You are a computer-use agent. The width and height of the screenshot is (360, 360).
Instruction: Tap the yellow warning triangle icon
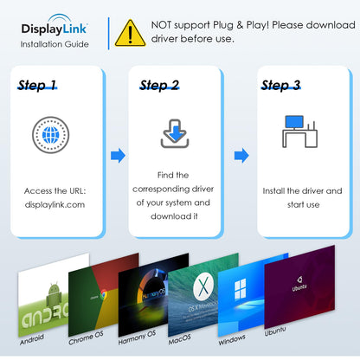[x=130, y=32]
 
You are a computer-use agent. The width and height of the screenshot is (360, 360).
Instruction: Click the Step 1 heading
[x=38, y=85]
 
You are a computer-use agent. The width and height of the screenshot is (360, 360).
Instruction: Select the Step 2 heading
[x=159, y=85]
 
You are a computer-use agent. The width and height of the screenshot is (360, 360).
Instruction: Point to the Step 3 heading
[x=280, y=85]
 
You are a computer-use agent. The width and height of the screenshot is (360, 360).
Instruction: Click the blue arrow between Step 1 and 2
[x=117, y=156]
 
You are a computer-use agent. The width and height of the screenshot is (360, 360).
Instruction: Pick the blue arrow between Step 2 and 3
[x=241, y=156]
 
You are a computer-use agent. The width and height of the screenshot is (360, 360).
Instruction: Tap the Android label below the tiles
[x=31, y=337]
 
